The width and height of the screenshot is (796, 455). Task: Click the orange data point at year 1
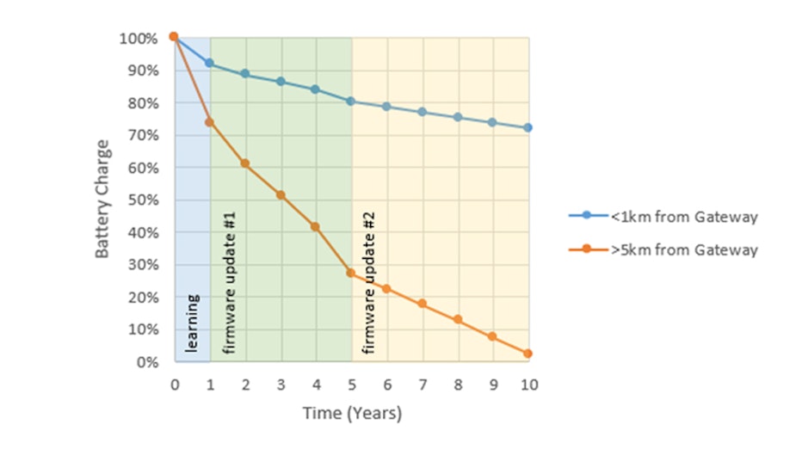click(209, 122)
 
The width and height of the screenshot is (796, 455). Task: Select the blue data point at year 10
click(528, 127)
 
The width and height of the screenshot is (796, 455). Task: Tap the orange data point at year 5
click(350, 273)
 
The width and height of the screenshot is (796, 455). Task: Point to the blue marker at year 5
click(350, 101)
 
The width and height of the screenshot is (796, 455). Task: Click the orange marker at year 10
click(528, 354)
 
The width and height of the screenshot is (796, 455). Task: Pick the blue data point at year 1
click(209, 63)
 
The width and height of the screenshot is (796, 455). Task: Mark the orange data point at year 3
click(280, 195)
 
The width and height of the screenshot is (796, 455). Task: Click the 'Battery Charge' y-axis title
click(102, 199)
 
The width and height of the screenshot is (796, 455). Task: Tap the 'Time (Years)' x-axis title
click(351, 414)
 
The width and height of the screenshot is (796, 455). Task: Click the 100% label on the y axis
click(139, 39)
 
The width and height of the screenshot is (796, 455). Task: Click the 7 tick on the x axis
click(422, 384)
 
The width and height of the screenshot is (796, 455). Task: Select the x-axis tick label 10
click(528, 384)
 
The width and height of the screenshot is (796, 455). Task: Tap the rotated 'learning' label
click(194, 323)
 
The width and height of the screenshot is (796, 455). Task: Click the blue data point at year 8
click(457, 117)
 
